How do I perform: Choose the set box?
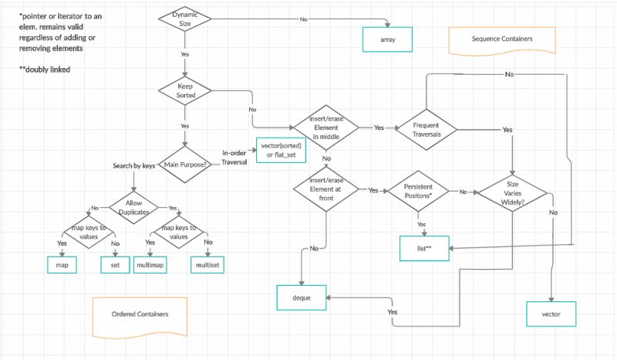(x=115, y=264)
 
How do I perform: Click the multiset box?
(x=207, y=264)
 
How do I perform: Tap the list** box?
(x=423, y=248)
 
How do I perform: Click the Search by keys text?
(x=134, y=166)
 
